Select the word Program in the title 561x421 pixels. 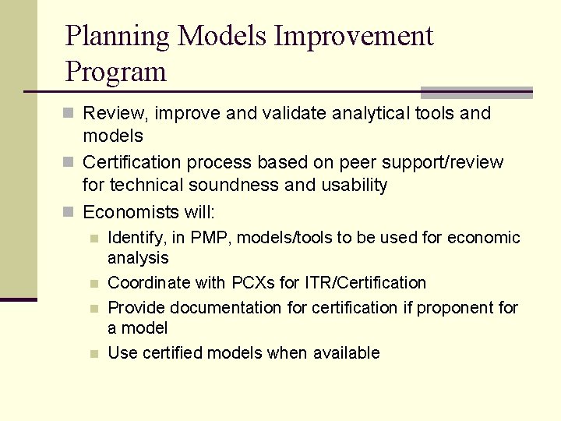[x=116, y=72]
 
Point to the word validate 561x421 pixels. [x=295, y=114]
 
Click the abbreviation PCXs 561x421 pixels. [x=252, y=283]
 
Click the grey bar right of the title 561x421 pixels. [x=476, y=92]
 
